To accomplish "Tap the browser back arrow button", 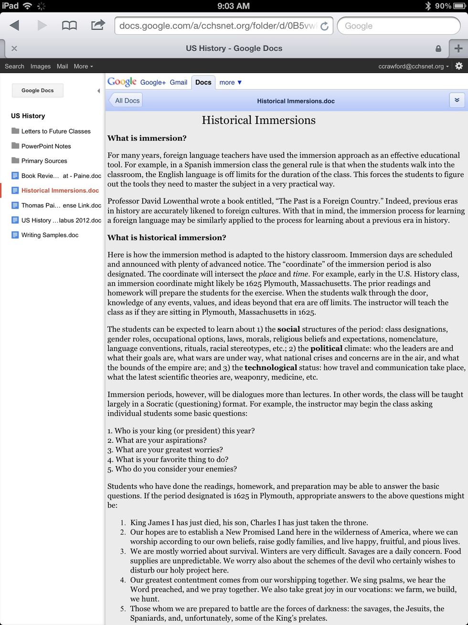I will click(15, 25).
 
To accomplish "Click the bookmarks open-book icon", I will click(69, 25).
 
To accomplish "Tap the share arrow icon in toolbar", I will click(98, 25).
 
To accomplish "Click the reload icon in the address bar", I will click(324, 26).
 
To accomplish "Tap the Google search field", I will click(398, 26).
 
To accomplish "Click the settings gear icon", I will click(459, 66).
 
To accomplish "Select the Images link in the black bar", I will click(40, 66).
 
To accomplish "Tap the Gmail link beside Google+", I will click(178, 82).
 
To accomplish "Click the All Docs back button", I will click(126, 100).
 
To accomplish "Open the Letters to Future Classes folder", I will click(55, 131).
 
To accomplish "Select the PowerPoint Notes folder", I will click(46, 146).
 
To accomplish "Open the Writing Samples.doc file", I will click(50, 235).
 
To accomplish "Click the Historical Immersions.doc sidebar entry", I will click(60, 190).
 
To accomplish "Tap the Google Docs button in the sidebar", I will click(37, 90).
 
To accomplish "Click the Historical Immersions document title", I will click(258, 120).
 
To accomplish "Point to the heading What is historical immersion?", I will click(166, 237).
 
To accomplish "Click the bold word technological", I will click(271, 367).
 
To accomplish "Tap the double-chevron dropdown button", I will click(457, 100).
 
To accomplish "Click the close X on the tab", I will click(14, 48).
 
